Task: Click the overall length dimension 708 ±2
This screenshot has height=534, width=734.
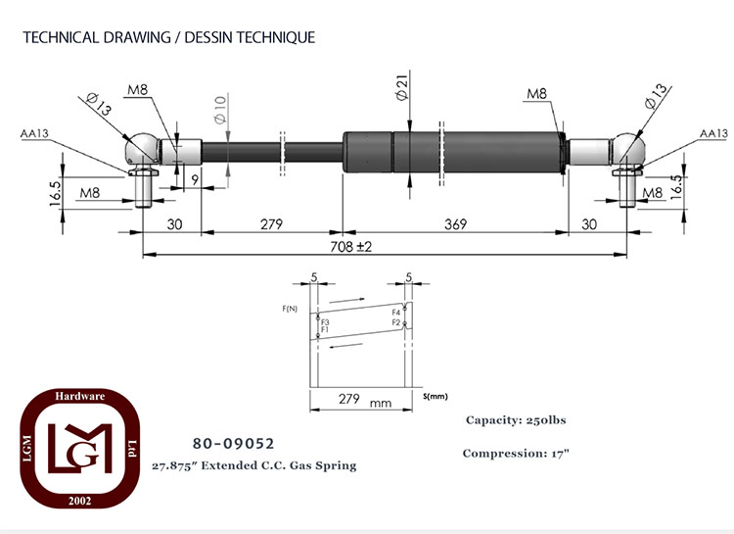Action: [x=350, y=247]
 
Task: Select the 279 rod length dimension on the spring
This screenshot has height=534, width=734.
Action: [x=271, y=224]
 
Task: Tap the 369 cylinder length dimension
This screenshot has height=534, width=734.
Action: [x=455, y=224]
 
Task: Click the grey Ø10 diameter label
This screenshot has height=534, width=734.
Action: [x=220, y=109]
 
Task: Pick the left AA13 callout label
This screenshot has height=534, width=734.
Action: [x=34, y=133]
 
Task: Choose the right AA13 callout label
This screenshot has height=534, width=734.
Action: [x=713, y=133]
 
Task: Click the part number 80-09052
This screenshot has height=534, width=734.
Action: [x=234, y=444]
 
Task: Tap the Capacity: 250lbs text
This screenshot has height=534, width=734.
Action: [x=516, y=420]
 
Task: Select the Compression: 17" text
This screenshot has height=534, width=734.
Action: [x=516, y=454]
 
